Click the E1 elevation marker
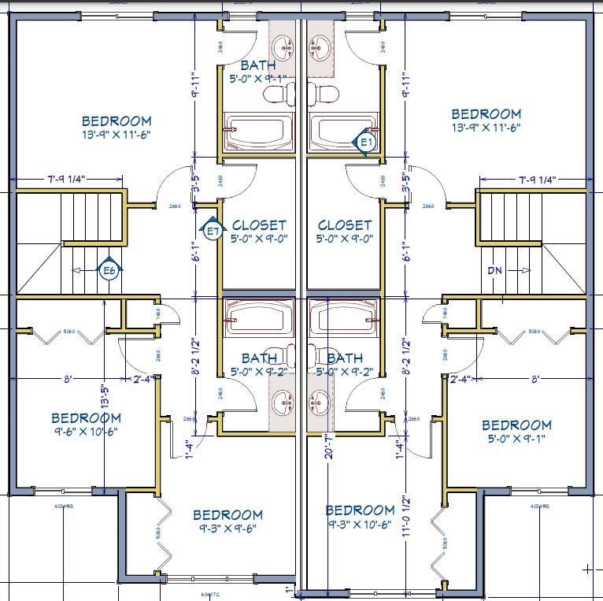tap(366, 142)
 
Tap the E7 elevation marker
tap(212, 231)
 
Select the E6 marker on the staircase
tap(109, 270)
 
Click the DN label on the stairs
tap(494, 270)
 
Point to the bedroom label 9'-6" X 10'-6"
tap(87, 425)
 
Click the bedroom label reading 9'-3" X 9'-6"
tap(228, 521)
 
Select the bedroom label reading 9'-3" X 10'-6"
tap(360, 517)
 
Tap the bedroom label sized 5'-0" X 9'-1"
tap(516, 432)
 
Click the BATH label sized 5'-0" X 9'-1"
tap(258, 72)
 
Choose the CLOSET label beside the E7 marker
tap(259, 232)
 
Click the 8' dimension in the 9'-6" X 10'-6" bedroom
tap(68, 379)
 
